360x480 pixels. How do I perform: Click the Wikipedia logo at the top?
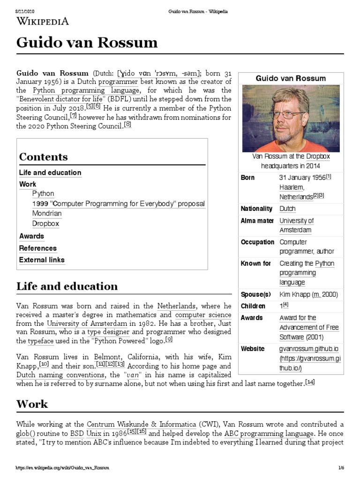pyautogui.click(x=43, y=21)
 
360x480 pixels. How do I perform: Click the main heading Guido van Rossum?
pyautogui.click(x=87, y=43)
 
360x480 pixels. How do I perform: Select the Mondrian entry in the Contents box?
pyautogui.click(x=47, y=213)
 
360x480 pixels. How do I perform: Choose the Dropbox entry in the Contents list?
pyautogui.click(x=45, y=224)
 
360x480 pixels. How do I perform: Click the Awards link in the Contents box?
pyautogui.click(x=31, y=236)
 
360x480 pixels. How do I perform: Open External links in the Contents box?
pyautogui.click(x=42, y=260)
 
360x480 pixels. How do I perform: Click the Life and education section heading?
pyautogui.click(x=67, y=286)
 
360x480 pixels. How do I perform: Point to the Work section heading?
pyautogui.click(x=32, y=404)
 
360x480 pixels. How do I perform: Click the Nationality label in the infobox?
pyautogui.click(x=256, y=209)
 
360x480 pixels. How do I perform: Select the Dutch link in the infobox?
pyautogui.click(x=287, y=209)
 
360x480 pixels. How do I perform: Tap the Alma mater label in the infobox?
pyautogui.click(x=257, y=221)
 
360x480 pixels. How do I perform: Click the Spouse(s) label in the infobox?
pyautogui.click(x=256, y=294)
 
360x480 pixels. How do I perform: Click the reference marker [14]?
pyautogui.click(x=309, y=382)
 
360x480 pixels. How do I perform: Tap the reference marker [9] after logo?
pyautogui.click(x=169, y=339)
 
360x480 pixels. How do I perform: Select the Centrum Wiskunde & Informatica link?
pyautogui.click(x=138, y=424)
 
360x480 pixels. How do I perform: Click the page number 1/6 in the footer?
pyautogui.click(x=340, y=468)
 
